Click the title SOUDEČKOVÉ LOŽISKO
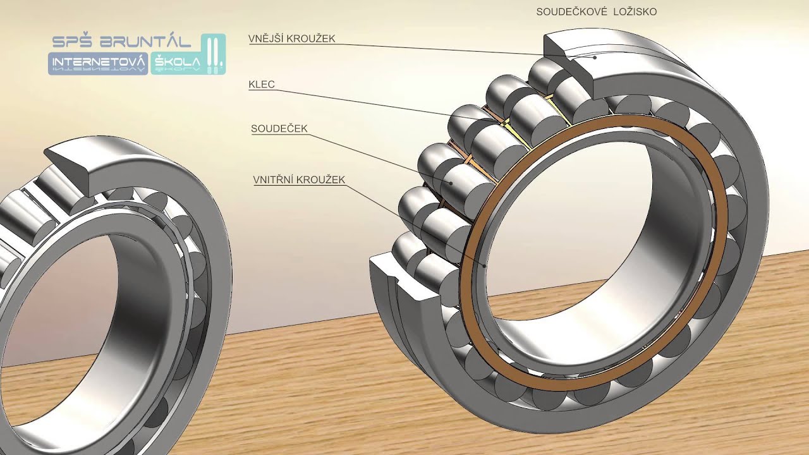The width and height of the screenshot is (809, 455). click(596, 11)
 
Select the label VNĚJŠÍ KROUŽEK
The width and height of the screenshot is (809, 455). click(292, 39)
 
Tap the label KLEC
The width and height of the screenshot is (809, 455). click(262, 85)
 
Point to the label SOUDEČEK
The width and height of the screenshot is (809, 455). click(279, 128)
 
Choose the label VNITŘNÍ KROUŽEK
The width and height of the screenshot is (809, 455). click(299, 179)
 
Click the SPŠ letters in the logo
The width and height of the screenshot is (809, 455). click(73, 42)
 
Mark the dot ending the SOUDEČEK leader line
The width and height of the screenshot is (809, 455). click(451, 183)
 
